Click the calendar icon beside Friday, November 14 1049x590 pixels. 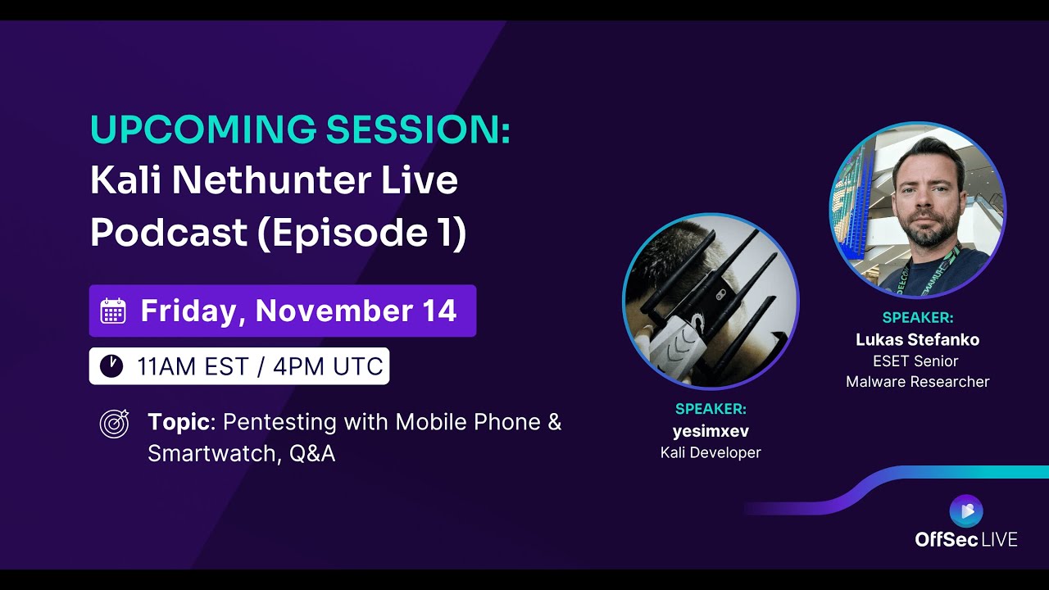tap(113, 311)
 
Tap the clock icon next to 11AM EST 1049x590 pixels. tap(111, 366)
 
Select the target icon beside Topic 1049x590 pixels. tap(114, 423)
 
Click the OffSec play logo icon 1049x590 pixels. tap(965, 511)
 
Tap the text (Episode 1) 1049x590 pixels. tap(361, 234)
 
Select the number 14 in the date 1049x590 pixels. tap(440, 311)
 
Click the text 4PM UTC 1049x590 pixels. tap(328, 366)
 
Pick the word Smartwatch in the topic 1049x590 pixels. tap(215, 453)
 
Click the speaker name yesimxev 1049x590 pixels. tap(711, 431)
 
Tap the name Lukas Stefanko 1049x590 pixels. tap(917, 339)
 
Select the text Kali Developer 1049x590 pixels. tap(711, 452)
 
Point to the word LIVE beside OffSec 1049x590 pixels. tap(999, 539)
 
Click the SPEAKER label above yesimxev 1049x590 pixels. tap(711, 409)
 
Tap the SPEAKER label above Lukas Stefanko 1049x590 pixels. tap(917, 318)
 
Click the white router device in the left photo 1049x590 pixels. tap(676, 348)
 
